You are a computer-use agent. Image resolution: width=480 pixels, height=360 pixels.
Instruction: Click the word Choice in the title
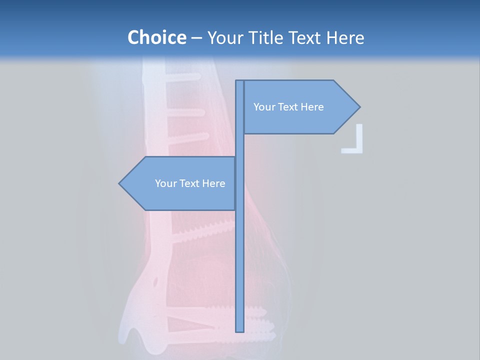(x=156, y=37)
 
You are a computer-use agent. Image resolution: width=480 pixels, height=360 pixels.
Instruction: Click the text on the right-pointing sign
(x=288, y=107)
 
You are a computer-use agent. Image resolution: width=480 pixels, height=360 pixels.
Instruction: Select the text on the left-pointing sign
(x=190, y=183)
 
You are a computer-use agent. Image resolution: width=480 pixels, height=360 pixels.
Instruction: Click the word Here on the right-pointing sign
(x=312, y=107)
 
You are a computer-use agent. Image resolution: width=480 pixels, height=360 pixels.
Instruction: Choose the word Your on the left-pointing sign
(x=165, y=183)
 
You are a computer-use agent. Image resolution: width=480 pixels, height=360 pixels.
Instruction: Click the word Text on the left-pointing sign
(x=190, y=183)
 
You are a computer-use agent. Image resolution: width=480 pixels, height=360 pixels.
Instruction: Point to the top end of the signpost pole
(x=239, y=82)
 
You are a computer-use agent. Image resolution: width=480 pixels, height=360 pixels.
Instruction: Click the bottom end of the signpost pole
(x=239, y=330)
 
